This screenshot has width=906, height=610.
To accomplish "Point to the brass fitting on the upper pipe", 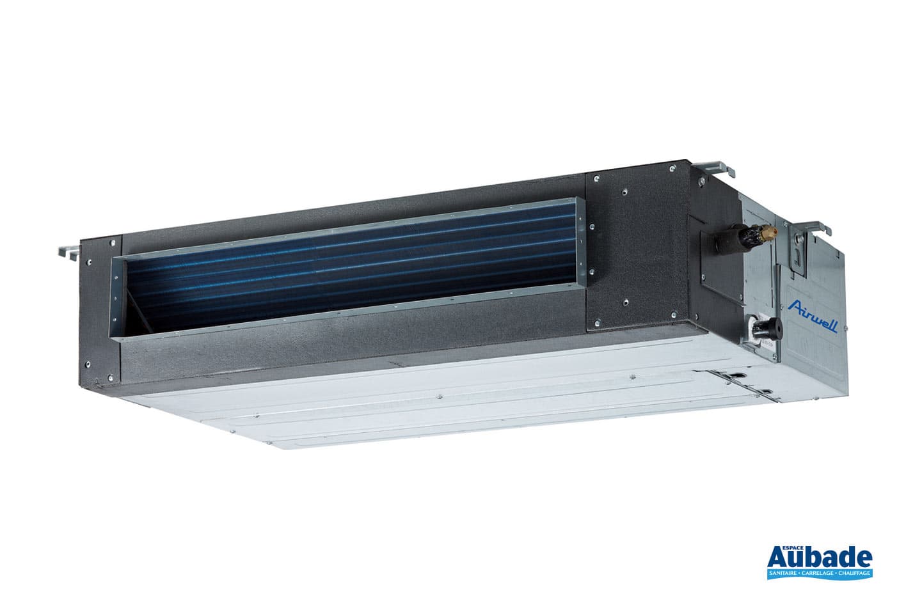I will pos(771,230).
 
